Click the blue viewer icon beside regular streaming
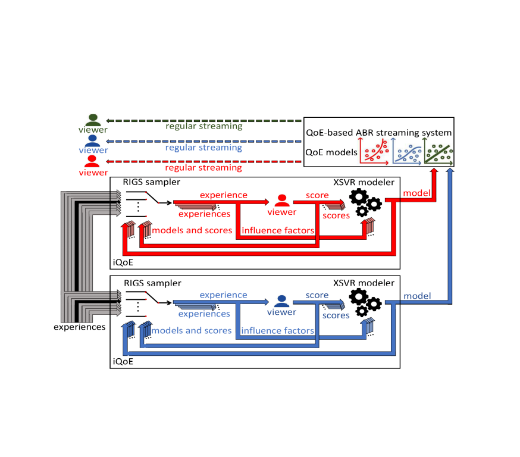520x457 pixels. coord(92,140)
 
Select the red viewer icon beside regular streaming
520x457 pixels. coord(92,161)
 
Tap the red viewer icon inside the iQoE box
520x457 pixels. coord(282,201)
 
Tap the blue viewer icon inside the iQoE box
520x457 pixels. coord(281,301)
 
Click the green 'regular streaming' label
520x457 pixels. coord(204,126)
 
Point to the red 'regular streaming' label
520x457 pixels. coord(204,168)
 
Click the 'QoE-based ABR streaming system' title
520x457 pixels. coord(378,133)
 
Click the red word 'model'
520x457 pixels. coord(417,193)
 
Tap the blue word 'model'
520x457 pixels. coord(417,296)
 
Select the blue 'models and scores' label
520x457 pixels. coord(192,330)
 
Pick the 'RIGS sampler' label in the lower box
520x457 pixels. coord(152,283)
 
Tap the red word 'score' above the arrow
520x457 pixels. coord(317,195)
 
